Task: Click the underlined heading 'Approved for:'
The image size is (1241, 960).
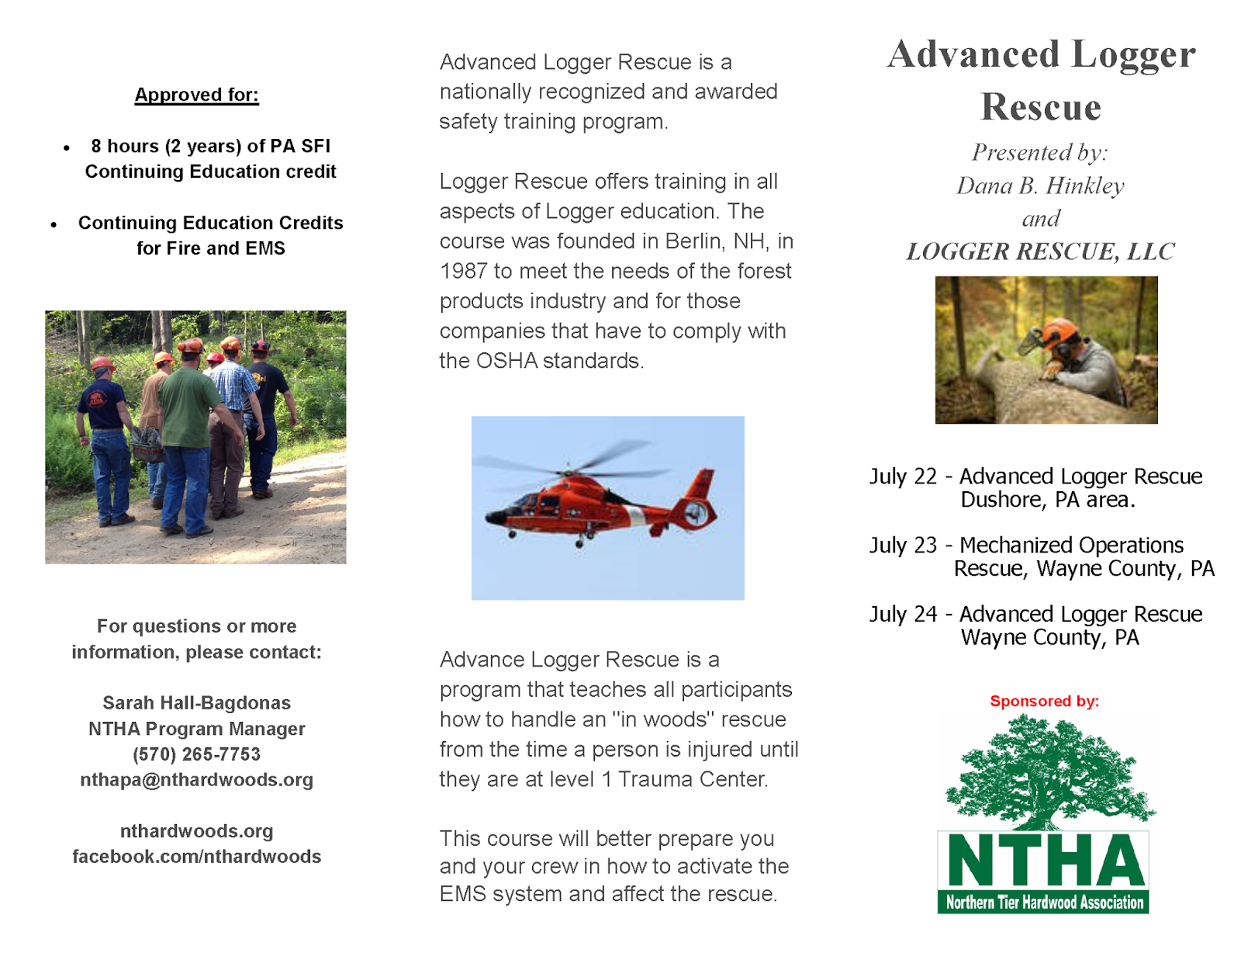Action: pyautogui.click(x=196, y=95)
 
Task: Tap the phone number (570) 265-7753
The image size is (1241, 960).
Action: pyautogui.click(x=196, y=754)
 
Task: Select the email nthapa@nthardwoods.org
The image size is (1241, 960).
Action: pyautogui.click(x=196, y=780)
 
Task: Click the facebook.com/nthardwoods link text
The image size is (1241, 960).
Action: pyautogui.click(x=196, y=857)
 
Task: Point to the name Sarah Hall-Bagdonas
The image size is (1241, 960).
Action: pyautogui.click(x=196, y=703)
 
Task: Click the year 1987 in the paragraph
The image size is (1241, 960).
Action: pyautogui.click(x=463, y=272)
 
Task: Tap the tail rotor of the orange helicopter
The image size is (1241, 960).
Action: pyautogui.click(x=696, y=512)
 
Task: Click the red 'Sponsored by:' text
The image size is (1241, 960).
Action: pyautogui.click(x=1044, y=702)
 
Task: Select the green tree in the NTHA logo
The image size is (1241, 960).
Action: pyautogui.click(x=1047, y=772)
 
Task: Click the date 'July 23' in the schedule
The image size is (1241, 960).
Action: pyautogui.click(x=903, y=546)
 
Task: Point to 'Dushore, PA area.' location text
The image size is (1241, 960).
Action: pyautogui.click(x=1047, y=500)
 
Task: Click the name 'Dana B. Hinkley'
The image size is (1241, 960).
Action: pyautogui.click(x=1040, y=185)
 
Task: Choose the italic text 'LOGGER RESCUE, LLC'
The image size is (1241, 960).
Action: pyautogui.click(x=1040, y=251)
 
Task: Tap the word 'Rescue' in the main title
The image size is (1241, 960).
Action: pyautogui.click(x=1040, y=107)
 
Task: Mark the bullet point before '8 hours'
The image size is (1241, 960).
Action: pyautogui.click(x=67, y=147)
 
